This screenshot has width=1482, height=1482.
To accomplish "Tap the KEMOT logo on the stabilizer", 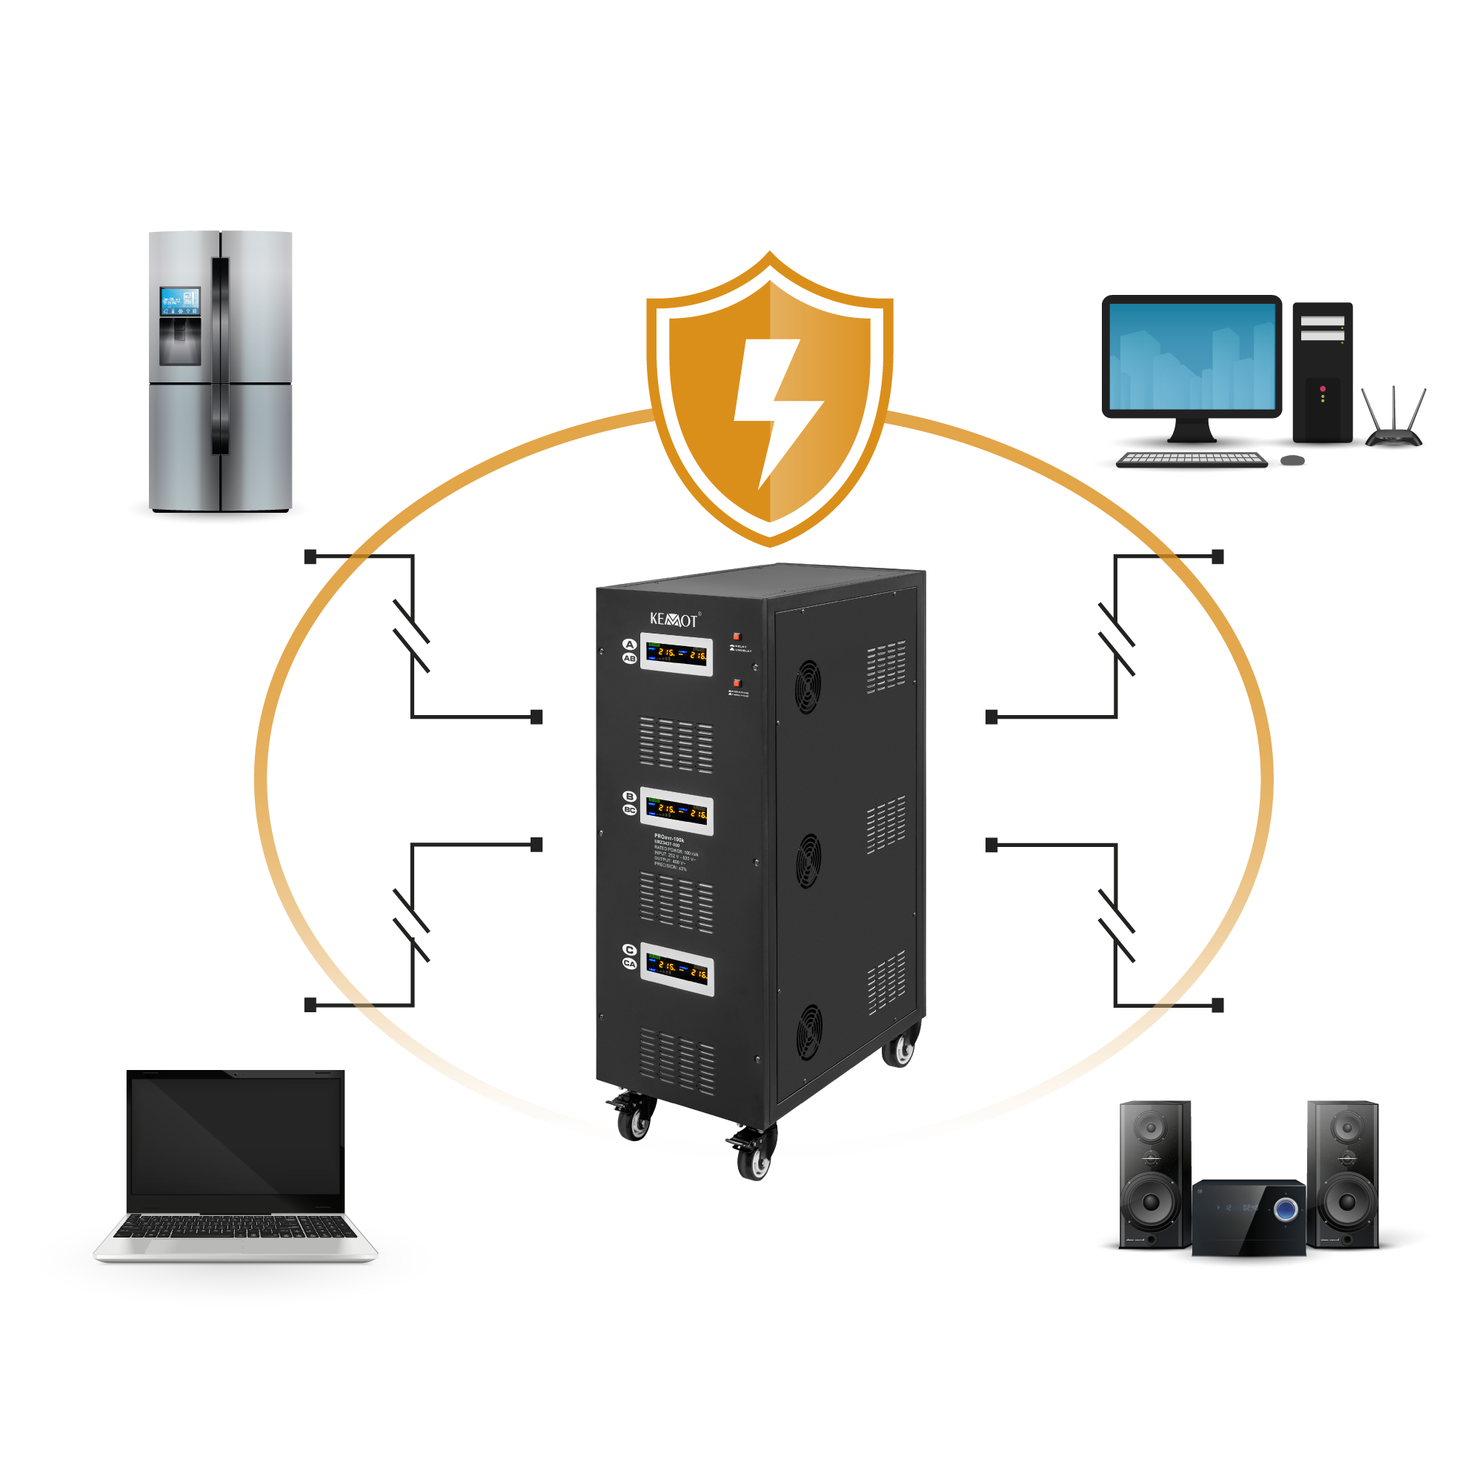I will (x=674, y=619).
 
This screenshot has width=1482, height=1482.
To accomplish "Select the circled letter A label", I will (x=629, y=645).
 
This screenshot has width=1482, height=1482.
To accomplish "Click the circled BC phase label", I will (x=630, y=810).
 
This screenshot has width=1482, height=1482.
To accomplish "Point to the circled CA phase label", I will (x=630, y=963).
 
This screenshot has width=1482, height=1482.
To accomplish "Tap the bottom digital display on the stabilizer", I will (x=678, y=969).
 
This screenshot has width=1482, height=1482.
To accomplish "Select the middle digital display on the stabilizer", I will (x=677, y=811).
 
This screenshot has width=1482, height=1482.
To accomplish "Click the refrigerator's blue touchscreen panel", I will (x=179, y=302).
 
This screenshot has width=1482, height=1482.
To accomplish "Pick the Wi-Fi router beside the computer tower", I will (x=1394, y=422).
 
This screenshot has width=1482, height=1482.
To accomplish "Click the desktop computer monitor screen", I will (x=1192, y=356).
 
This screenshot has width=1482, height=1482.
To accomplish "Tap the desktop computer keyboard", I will (x=1191, y=459).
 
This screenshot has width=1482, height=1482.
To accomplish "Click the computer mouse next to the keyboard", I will (x=1293, y=459).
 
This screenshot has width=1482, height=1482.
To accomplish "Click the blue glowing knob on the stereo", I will (x=1286, y=1210).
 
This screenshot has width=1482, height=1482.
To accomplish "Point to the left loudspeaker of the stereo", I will (x=1154, y=1174).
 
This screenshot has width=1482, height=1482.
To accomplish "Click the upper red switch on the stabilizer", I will (x=737, y=636).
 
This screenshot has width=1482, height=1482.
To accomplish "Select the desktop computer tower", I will (x=1323, y=372).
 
